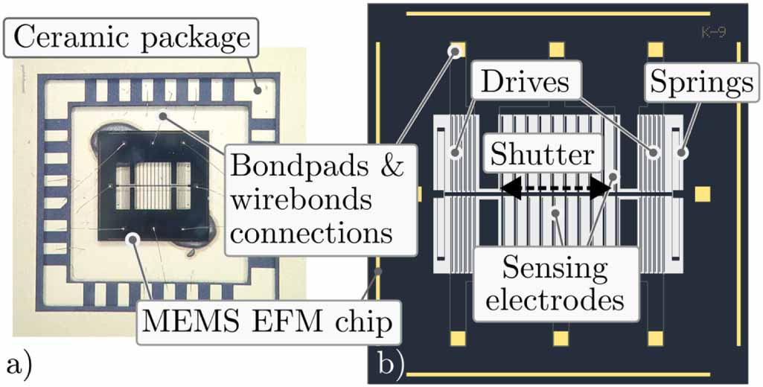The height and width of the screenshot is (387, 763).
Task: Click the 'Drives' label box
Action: pyautogui.click(x=524, y=81)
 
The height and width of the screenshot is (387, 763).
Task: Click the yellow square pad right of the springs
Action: pyautogui.click(x=702, y=194)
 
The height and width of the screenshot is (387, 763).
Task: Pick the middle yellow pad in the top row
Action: pyautogui.click(x=557, y=50)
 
